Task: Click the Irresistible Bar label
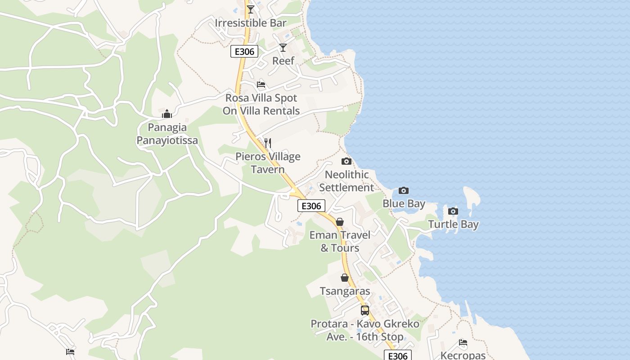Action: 251,23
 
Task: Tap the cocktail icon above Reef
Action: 283,47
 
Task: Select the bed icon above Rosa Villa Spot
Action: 261,85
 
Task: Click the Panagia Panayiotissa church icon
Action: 167,114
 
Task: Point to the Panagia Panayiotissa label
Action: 167,134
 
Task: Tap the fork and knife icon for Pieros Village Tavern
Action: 268,143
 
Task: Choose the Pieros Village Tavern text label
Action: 268,163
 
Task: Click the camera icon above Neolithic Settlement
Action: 346,161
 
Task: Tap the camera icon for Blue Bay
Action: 404,190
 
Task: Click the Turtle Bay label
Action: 453,224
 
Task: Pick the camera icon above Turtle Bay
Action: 453,211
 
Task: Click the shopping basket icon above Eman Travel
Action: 340,222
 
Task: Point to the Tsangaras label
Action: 345,291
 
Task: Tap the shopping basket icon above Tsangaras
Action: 345,278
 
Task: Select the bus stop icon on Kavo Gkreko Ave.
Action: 364,310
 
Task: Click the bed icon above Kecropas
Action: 463,342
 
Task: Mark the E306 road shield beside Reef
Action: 245,52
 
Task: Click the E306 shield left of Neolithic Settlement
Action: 311,206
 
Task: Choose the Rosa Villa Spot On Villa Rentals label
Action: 261,104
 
